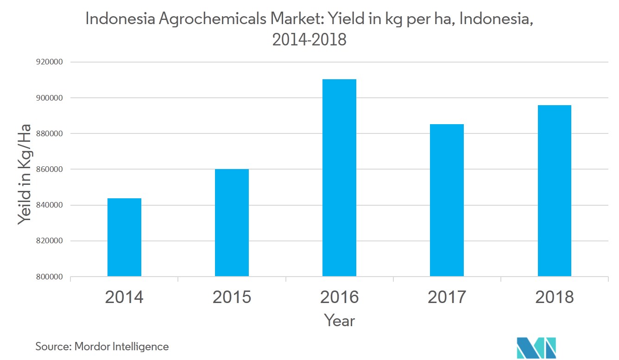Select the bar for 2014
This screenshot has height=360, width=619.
coord(124,237)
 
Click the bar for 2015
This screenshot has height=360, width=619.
coord(232,223)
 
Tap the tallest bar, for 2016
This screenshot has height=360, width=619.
coord(339,178)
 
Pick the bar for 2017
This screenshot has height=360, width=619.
coord(447,200)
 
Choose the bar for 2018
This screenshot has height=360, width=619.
coord(554,191)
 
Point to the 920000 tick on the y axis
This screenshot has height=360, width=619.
coord(50,62)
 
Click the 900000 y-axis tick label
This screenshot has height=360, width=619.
coord(50,98)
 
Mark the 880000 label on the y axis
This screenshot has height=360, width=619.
coord(50,133)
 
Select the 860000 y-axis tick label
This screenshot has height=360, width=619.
coord(50,170)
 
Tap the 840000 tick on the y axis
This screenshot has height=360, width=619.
coord(50,205)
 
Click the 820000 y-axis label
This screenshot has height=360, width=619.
coord(50,241)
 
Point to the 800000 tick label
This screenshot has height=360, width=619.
coord(50,277)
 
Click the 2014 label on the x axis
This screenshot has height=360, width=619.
coord(124,297)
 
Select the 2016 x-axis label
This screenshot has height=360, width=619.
coord(339,297)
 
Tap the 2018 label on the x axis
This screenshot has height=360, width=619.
coord(554,297)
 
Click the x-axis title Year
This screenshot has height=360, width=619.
coord(339,320)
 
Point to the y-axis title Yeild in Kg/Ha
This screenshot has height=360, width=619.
coord(25,174)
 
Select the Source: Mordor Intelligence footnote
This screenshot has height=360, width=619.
coord(102,346)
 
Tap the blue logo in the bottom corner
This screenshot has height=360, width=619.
coord(536,348)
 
